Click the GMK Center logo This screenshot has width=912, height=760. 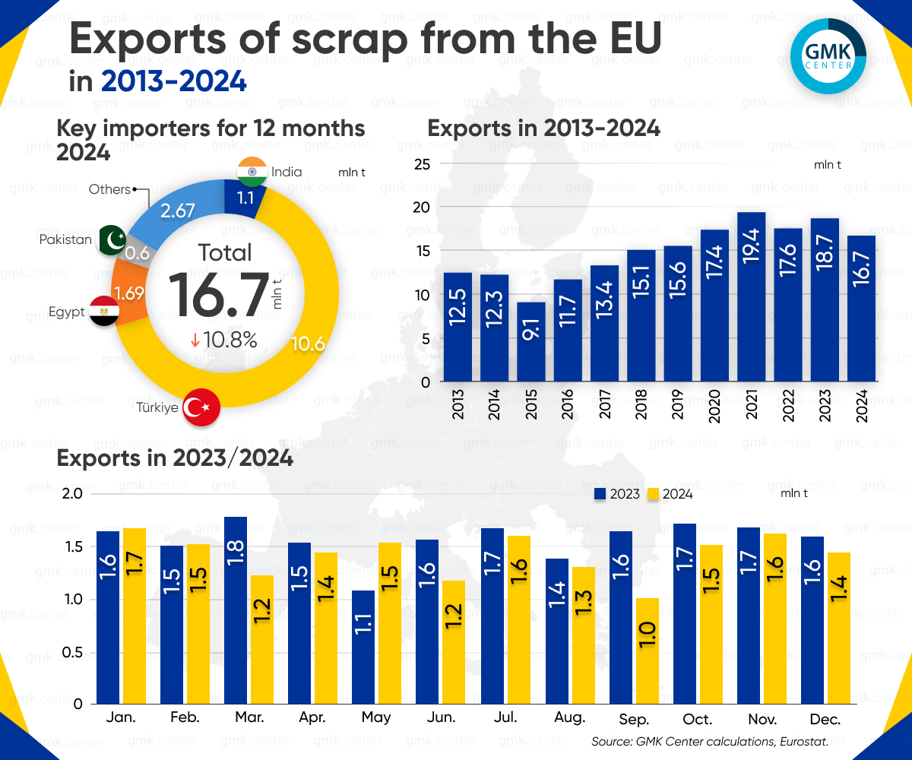pyautogui.click(x=828, y=51)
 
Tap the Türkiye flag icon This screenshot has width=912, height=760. pyautogui.click(x=202, y=407)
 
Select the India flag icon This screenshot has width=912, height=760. pyautogui.click(x=251, y=172)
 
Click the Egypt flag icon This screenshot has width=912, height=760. pyautogui.click(x=103, y=312)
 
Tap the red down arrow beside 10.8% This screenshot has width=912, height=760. pyautogui.click(x=195, y=340)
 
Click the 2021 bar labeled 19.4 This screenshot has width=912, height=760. pyautogui.click(x=751, y=296)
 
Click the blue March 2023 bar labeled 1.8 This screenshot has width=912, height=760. pyautogui.click(x=236, y=610)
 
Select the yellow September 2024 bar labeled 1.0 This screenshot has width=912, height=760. pyautogui.click(x=648, y=651)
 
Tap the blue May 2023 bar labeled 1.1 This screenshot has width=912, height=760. pyautogui.click(x=363, y=646)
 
